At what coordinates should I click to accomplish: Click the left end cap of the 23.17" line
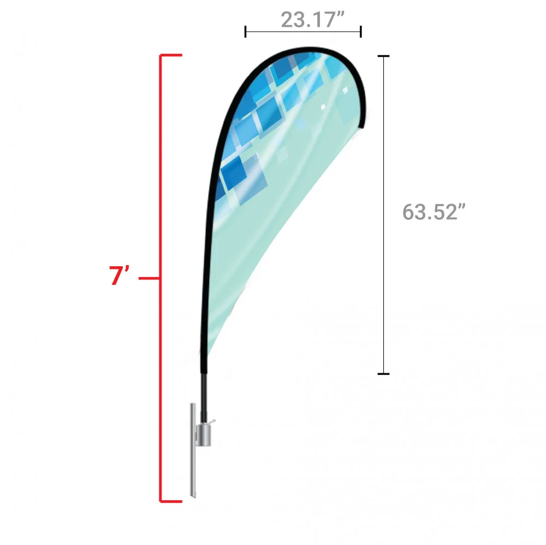(x=246, y=32)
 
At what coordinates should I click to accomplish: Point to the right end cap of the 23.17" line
(x=361, y=32)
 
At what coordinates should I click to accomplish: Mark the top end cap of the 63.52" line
(x=384, y=56)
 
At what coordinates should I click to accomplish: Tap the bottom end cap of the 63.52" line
(x=384, y=374)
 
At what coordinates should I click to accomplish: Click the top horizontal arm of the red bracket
(x=170, y=55)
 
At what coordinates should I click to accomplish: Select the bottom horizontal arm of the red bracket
(x=170, y=501)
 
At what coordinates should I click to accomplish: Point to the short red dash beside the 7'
(x=149, y=278)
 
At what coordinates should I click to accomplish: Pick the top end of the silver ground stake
(x=192, y=406)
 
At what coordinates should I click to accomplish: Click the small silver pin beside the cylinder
(x=212, y=421)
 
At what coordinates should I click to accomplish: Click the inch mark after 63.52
(x=465, y=207)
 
